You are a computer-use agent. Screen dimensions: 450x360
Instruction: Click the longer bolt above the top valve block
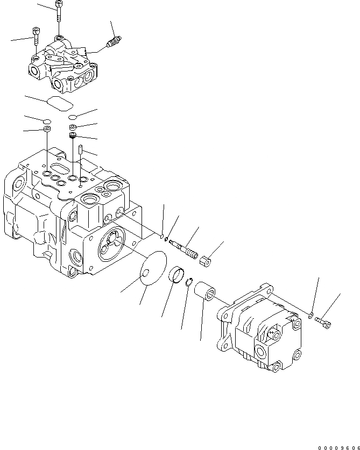[58, 11]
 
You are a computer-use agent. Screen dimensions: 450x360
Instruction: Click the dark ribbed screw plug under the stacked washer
[73, 136]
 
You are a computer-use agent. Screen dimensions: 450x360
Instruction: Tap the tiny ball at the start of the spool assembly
[161, 234]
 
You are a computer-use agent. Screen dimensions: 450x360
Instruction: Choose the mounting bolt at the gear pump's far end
[323, 322]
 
